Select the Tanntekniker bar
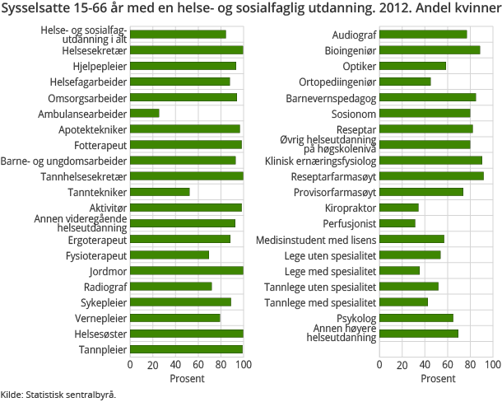point(160,192)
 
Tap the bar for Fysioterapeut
point(170,255)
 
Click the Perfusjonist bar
point(397,223)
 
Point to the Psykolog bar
point(416,318)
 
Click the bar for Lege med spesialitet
point(400,270)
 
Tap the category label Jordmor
point(107,271)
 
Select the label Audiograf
point(354,35)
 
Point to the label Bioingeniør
point(351,50)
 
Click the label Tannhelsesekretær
point(84,176)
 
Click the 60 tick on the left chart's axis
point(198,364)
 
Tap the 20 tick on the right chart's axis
point(402,364)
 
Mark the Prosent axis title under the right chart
point(436,378)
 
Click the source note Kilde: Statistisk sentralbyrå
point(58,395)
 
